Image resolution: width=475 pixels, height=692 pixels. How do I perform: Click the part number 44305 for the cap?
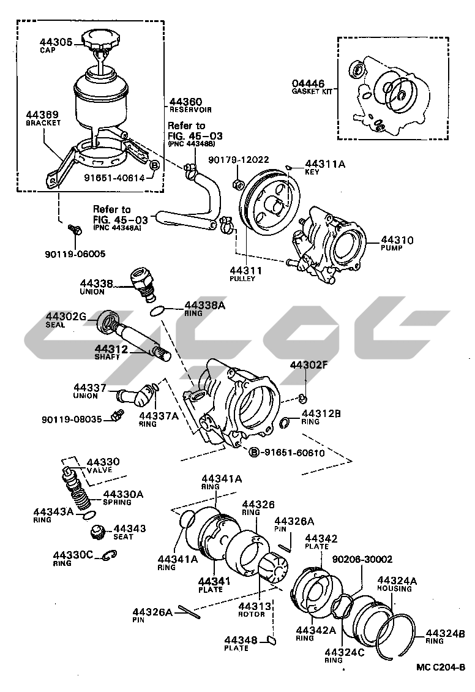click(x=56, y=42)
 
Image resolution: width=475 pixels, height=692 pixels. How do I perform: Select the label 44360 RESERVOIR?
click(x=186, y=102)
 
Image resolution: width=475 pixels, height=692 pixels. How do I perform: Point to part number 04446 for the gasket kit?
click(x=307, y=84)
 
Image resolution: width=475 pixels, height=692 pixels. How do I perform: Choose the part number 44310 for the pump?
click(x=397, y=241)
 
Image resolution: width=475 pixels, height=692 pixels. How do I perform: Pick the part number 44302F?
click(x=310, y=366)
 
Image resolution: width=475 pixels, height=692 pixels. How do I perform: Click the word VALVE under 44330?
click(x=99, y=470)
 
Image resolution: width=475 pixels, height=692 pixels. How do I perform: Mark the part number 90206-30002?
click(x=362, y=559)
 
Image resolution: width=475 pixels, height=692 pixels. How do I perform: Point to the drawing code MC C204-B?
click(x=441, y=668)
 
